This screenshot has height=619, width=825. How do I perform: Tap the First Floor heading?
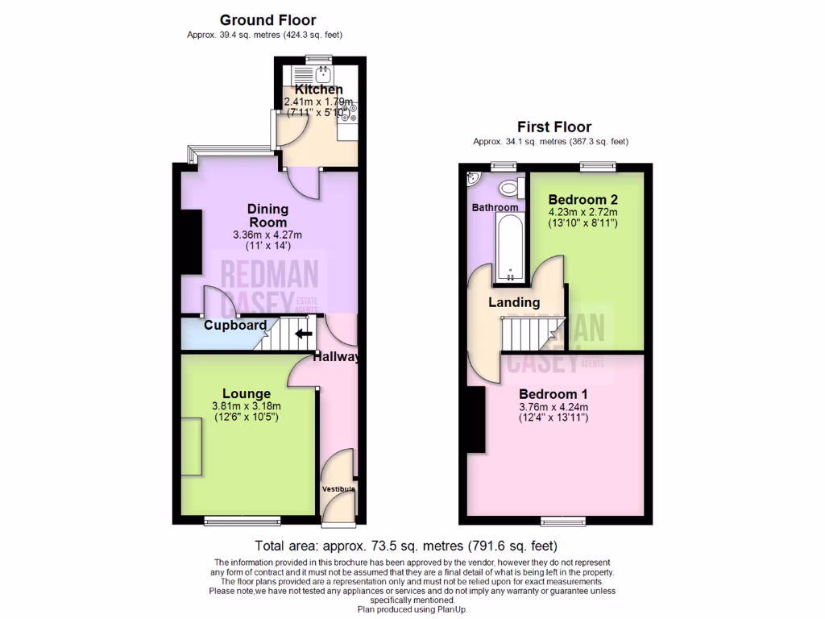[x=554, y=127]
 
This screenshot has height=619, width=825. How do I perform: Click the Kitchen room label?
[x=318, y=89]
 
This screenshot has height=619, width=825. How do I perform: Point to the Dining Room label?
[x=267, y=215]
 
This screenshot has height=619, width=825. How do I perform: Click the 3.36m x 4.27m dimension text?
[x=267, y=235]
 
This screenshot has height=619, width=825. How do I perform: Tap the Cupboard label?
[x=234, y=326]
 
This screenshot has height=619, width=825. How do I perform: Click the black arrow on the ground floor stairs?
[x=304, y=333]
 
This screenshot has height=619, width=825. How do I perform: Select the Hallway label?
[x=335, y=357]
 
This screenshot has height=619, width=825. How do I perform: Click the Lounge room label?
[x=247, y=393]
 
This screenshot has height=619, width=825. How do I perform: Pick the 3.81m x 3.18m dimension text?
[x=247, y=406]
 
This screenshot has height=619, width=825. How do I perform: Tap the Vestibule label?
[x=338, y=489]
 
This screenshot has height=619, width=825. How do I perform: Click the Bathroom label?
[x=495, y=207]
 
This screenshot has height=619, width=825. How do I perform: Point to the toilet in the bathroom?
[x=508, y=189]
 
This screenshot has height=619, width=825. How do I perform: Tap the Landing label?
[x=514, y=302]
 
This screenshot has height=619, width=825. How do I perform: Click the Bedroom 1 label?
[x=553, y=394]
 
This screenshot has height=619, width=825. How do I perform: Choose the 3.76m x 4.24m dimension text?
[x=553, y=407]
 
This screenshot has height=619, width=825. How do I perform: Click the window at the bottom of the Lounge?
[x=243, y=521]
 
